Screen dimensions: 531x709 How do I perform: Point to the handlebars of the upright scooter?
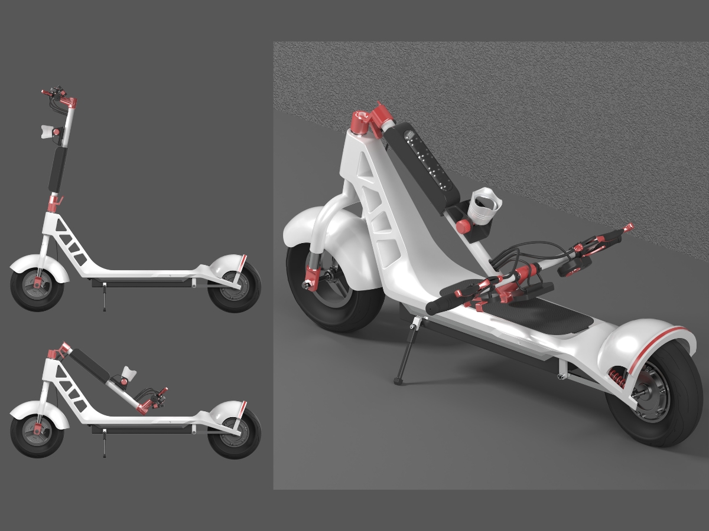click(x=59, y=97)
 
